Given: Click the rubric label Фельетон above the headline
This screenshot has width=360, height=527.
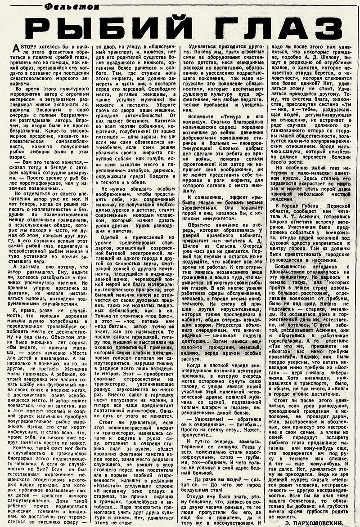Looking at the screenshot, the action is point(50,6).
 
